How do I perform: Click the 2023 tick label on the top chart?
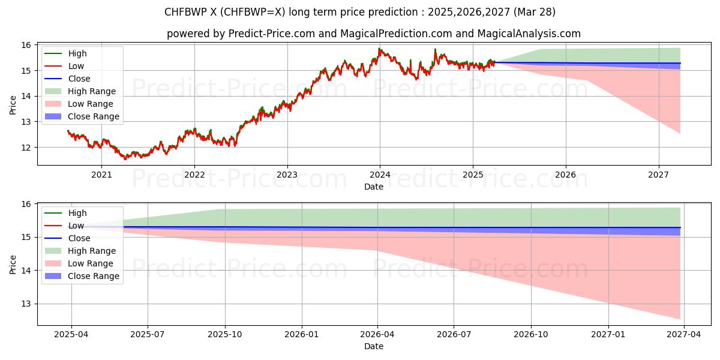pyautogui.click(x=287, y=175)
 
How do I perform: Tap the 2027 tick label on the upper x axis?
pyautogui.click(x=659, y=175)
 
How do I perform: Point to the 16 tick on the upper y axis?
pyautogui.click(x=26, y=45)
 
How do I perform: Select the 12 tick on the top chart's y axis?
pyautogui.click(x=26, y=148)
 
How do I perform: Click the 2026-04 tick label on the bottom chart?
pyautogui.click(x=377, y=335)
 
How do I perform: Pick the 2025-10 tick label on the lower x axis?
pyautogui.click(x=225, y=335)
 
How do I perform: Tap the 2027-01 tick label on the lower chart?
pyautogui.click(x=608, y=335)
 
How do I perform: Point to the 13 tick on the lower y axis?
pyautogui.click(x=26, y=304)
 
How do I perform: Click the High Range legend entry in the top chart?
pyautogui.click(x=92, y=91)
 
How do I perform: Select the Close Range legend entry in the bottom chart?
pyautogui.click(x=93, y=276)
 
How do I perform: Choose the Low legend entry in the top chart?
pyautogui.click(x=76, y=66)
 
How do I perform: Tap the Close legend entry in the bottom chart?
pyautogui.click(x=79, y=238)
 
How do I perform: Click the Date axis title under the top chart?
pyautogui.click(x=373, y=187)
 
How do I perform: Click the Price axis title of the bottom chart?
pyautogui.click(x=13, y=264)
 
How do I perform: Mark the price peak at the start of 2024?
pyautogui.click(x=379, y=49)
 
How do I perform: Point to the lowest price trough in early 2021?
pyautogui.click(x=125, y=159)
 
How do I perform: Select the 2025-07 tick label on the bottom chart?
pyautogui.click(x=148, y=335)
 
